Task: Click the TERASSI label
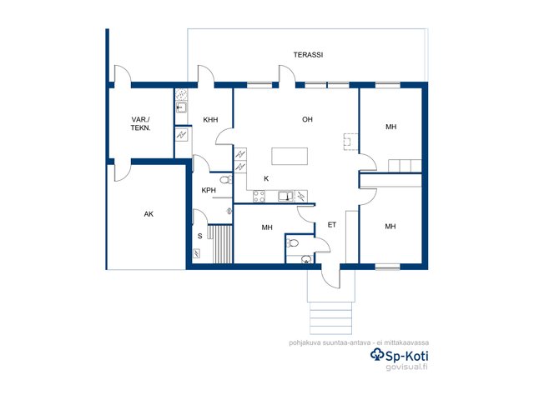click(308, 55)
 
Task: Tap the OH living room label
click(307, 119)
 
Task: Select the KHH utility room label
click(210, 120)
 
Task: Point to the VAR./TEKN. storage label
click(140, 124)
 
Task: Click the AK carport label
click(149, 214)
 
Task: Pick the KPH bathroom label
click(209, 190)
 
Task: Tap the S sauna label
click(200, 236)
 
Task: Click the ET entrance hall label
click(332, 225)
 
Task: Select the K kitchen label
click(266, 178)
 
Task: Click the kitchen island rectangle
click(290, 156)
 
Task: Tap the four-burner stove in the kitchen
click(259, 196)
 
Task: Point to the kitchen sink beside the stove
click(285, 197)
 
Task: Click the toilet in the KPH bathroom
click(225, 179)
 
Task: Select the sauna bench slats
click(220, 244)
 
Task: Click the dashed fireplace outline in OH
click(350, 142)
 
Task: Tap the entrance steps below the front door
click(330, 318)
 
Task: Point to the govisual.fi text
click(406, 367)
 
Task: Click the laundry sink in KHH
click(181, 107)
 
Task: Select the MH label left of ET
click(267, 227)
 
